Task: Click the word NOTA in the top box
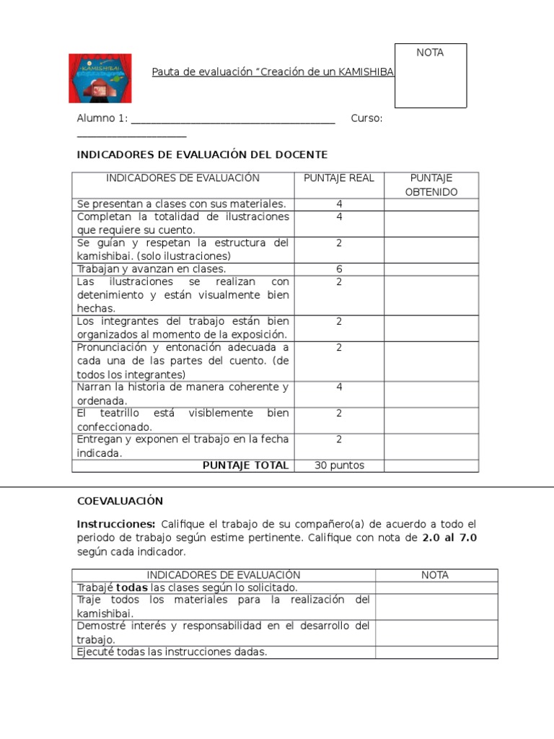click(430, 53)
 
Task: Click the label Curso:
click(366, 118)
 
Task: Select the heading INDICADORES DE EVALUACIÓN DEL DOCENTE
click(202, 154)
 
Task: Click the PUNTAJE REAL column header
click(339, 178)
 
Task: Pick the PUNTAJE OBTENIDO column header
click(431, 185)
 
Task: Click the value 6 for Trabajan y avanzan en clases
click(339, 269)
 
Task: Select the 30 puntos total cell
click(339, 465)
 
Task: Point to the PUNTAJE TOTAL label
click(245, 465)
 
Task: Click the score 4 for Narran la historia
click(339, 388)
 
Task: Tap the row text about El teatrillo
click(183, 420)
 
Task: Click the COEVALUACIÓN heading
click(120, 501)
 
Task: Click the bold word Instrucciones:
click(116, 524)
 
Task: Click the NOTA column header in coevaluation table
click(435, 575)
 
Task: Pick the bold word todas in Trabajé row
click(132, 587)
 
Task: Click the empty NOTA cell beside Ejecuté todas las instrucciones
click(436, 652)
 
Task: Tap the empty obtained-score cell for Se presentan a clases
click(431, 204)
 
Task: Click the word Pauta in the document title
click(165, 72)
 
